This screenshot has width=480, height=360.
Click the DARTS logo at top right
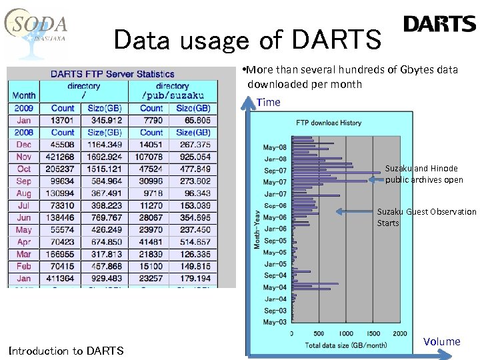pyautogui.click(x=439, y=25)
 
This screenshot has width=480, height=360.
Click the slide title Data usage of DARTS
pyautogui.click(x=247, y=40)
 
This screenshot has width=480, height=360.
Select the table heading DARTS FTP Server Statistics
pyautogui.click(x=112, y=74)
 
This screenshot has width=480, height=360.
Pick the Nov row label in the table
pyautogui.click(x=23, y=157)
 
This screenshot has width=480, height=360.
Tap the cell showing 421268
pyautogui.click(x=61, y=157)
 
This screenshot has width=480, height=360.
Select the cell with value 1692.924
pyautogui.click(x=102, y=157)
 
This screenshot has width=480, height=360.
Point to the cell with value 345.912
pyautogui.click(x=102, y=120)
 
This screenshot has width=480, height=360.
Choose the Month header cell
pyautogui.click(x=24, y=95)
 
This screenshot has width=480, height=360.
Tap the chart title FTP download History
pyautogui.click(x=329, y=123)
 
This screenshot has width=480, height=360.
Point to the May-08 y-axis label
pyautogui.click(x=275, y=147)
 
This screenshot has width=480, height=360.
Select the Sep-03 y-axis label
pyautogui.click(x=275, y=311)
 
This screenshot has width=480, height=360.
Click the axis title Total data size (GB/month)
pyautogui.click(x=347, y=345)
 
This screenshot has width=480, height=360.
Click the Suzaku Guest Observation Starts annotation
pyautogui.click(x=426, y=217)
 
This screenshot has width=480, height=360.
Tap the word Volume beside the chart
pyautogui.click(x=441, y=342)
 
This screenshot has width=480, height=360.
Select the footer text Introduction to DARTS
pyautogui.click(x=66, y=351)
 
